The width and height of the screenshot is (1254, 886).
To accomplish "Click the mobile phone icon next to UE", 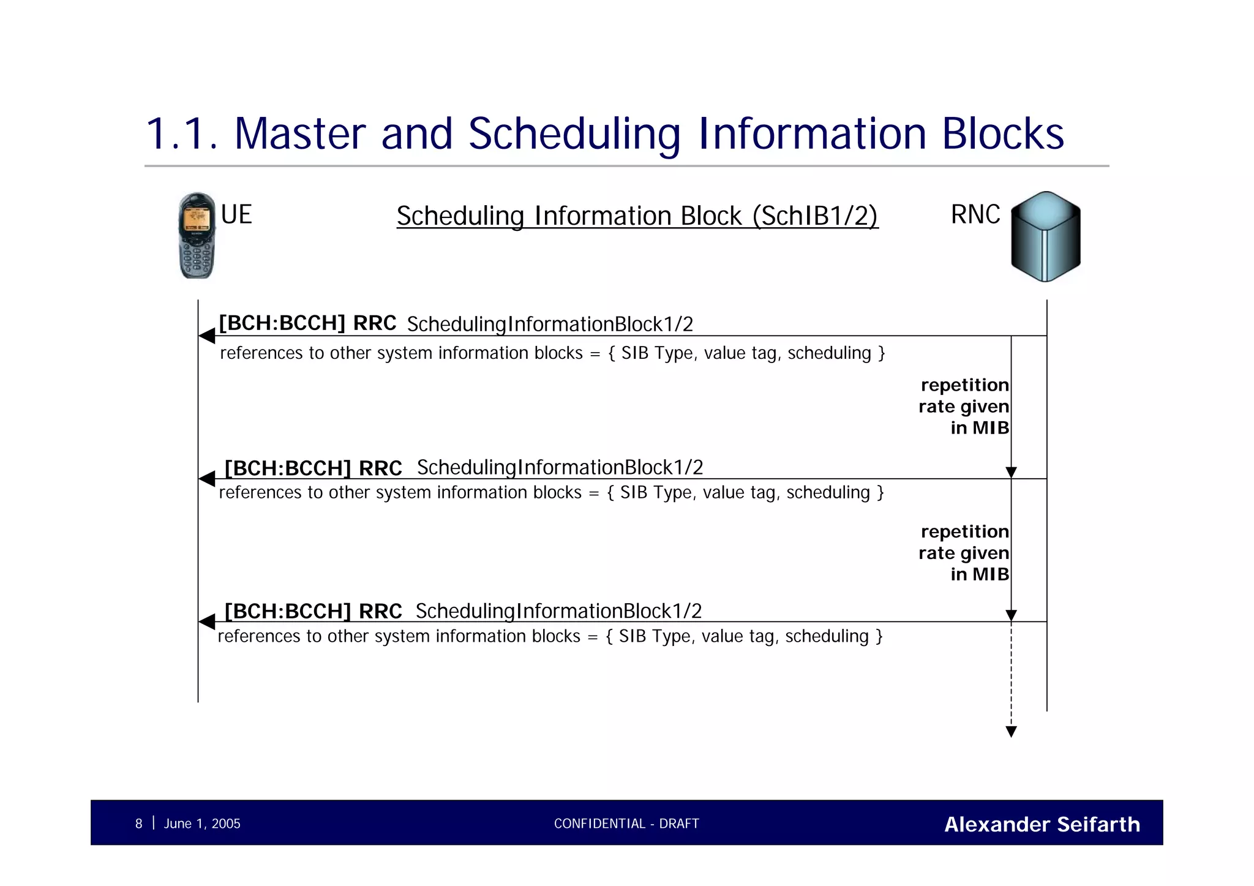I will (197, 236).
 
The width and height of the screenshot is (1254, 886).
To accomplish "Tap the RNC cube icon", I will (1045, 236).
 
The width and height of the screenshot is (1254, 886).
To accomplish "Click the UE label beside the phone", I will (236, 215).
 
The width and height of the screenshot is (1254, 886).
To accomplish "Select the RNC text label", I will (975, 215).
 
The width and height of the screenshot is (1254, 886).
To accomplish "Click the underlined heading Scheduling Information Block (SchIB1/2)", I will (637, 216).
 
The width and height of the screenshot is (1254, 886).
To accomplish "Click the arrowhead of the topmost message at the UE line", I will (207, 336).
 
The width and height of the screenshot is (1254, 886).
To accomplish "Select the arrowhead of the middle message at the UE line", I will (207, 478).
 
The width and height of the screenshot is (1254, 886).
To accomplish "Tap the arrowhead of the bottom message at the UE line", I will (207, 621).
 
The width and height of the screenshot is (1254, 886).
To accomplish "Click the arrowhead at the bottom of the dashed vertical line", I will (1012, 732).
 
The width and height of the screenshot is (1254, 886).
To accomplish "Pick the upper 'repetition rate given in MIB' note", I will (964, 407).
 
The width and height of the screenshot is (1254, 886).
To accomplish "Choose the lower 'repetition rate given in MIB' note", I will (964, 553).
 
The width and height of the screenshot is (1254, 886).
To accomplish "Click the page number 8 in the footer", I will (138, 824).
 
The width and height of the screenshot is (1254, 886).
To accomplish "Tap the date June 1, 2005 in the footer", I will (202, 824).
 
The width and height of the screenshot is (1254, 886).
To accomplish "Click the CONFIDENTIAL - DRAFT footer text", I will (626, 824).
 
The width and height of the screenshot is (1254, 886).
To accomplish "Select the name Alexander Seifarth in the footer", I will (1042, 824).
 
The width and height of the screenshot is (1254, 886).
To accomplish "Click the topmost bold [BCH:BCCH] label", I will (282, 323).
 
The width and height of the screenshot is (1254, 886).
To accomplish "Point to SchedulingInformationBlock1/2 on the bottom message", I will (558, 611).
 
